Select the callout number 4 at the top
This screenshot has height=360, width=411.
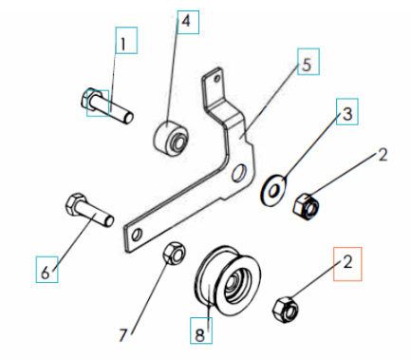click(x=186, y=20)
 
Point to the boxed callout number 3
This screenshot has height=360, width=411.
click(x=347, y=115)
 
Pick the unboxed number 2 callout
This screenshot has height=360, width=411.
click(x=383, y=154)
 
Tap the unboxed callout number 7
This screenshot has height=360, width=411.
click(x=124, y=333)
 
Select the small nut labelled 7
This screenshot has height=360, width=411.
click(x=173, y=254)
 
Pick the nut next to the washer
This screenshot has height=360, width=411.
click(x=307, y=202)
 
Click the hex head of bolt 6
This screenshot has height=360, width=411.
click(x=76, y=205)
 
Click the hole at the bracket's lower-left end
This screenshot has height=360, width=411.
click(x=139, y=232)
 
